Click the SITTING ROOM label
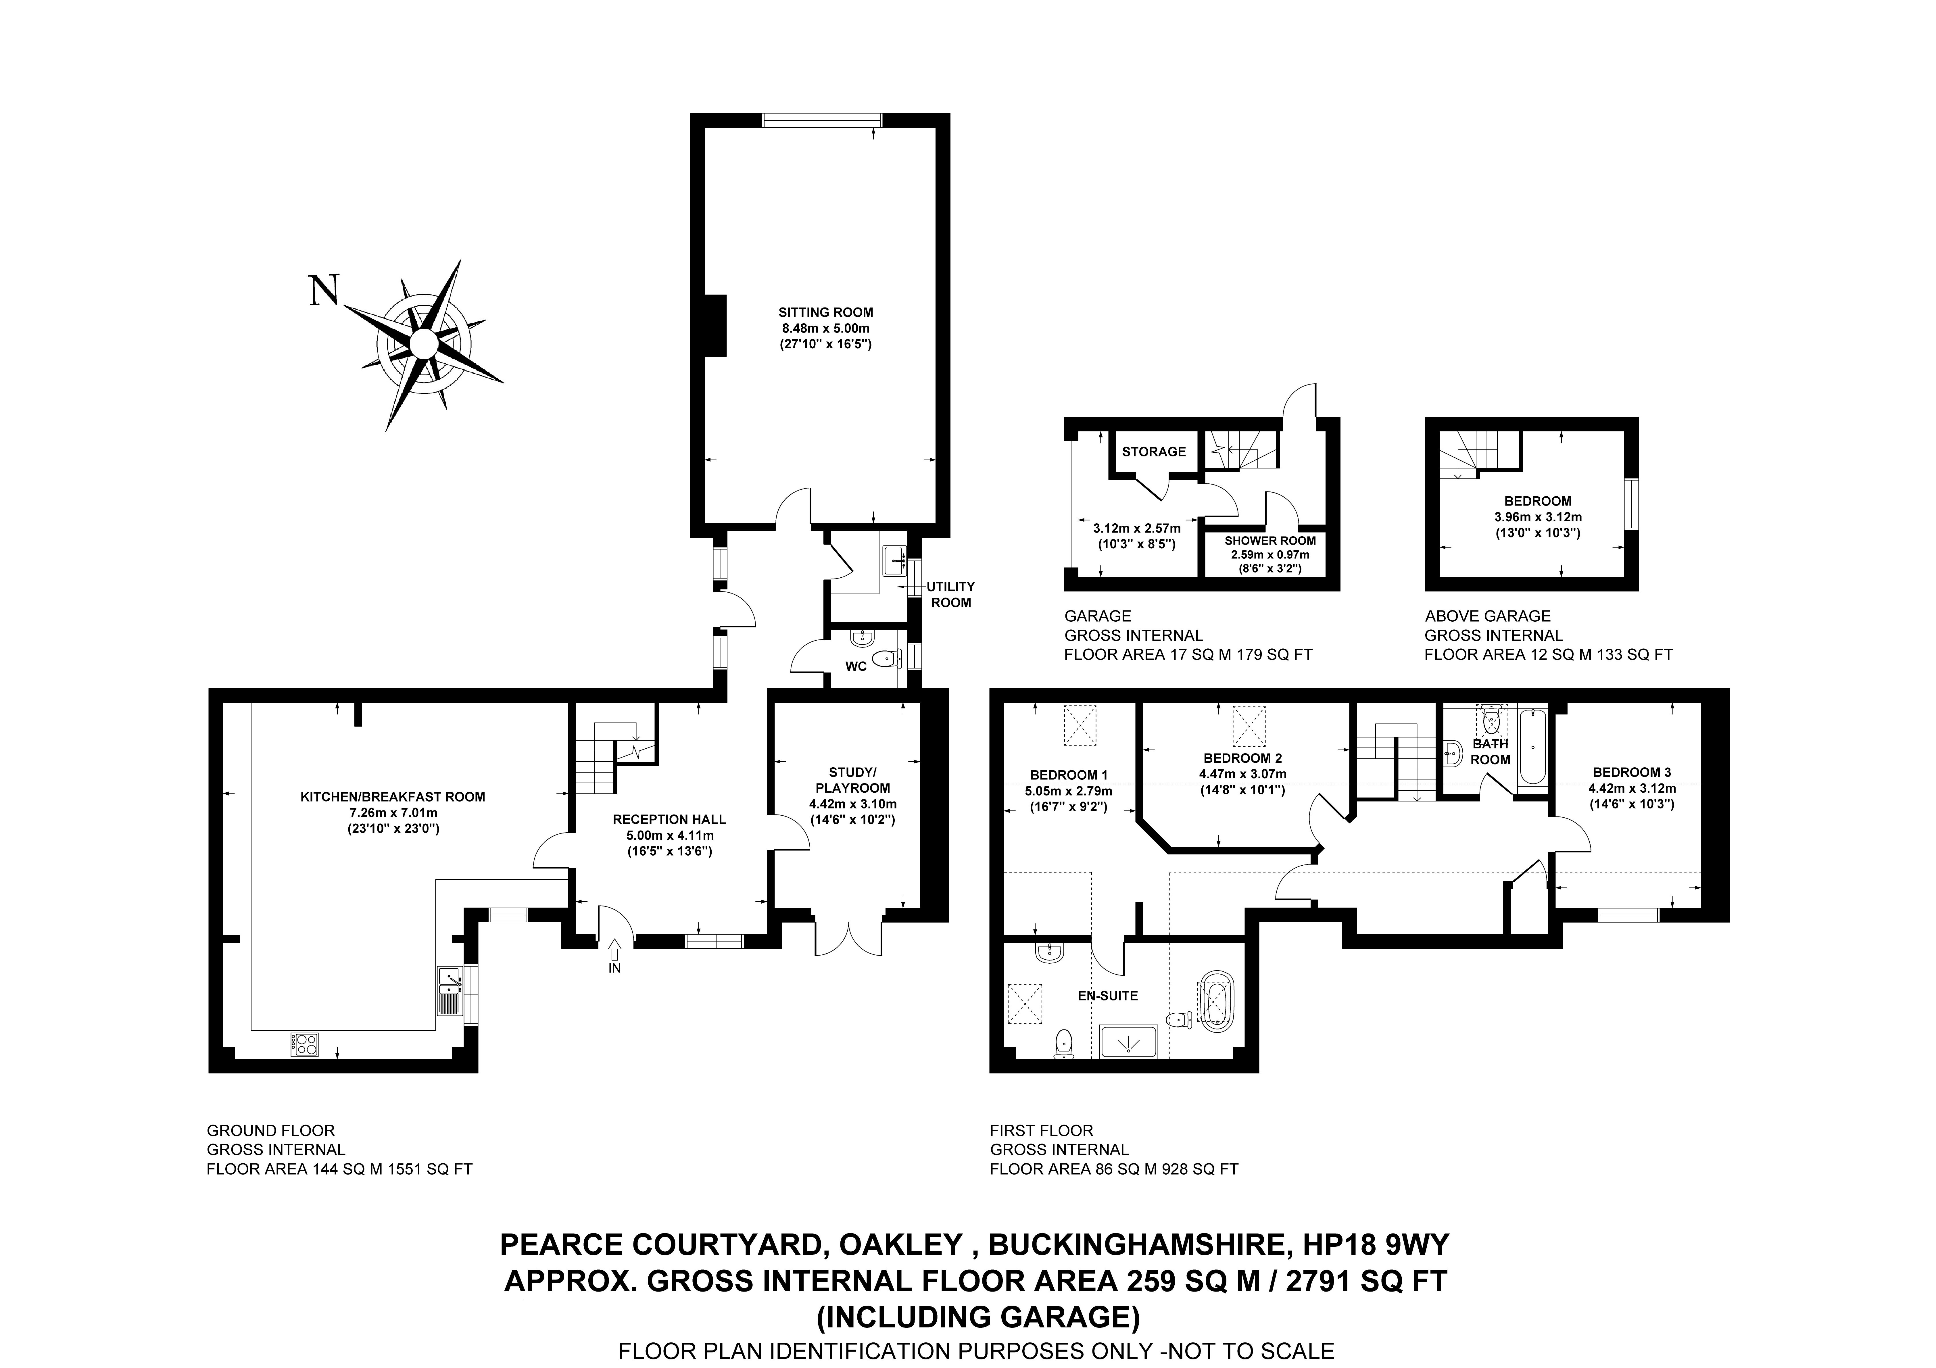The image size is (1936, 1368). click(825, 312)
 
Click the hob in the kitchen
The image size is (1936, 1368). click(305, 1044)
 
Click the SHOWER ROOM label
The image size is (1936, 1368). click(1270, 541)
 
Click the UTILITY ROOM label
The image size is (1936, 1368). click(950, 594)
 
